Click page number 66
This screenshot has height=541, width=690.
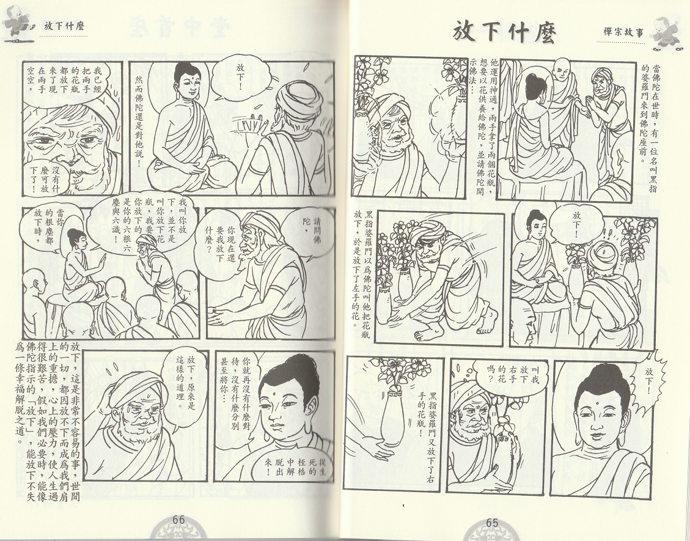pos(178,520)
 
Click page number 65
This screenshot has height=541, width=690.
pos(492,523)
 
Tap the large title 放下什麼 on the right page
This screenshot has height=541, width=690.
pos(504,32)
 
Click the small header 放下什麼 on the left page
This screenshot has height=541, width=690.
pos(64,26)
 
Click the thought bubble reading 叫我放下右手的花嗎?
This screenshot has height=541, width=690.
pos(510,374)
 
